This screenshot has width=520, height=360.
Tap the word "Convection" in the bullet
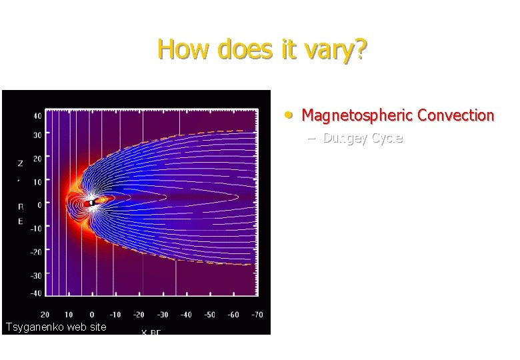pos(455,115)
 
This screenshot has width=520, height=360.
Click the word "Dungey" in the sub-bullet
pos(345,138)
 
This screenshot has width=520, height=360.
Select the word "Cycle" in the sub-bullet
pos(387,138)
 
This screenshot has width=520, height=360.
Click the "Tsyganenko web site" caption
pos(55,327)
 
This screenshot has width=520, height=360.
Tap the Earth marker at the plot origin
pos(92,203)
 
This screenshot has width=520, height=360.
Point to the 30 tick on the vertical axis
pos(37,135)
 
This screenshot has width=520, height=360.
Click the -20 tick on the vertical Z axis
pos(35,251)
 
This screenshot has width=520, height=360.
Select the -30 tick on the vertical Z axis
pos(35,275)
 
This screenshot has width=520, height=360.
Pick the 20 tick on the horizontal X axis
pos(45,315)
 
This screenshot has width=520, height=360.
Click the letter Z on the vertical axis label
pos(20,163)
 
